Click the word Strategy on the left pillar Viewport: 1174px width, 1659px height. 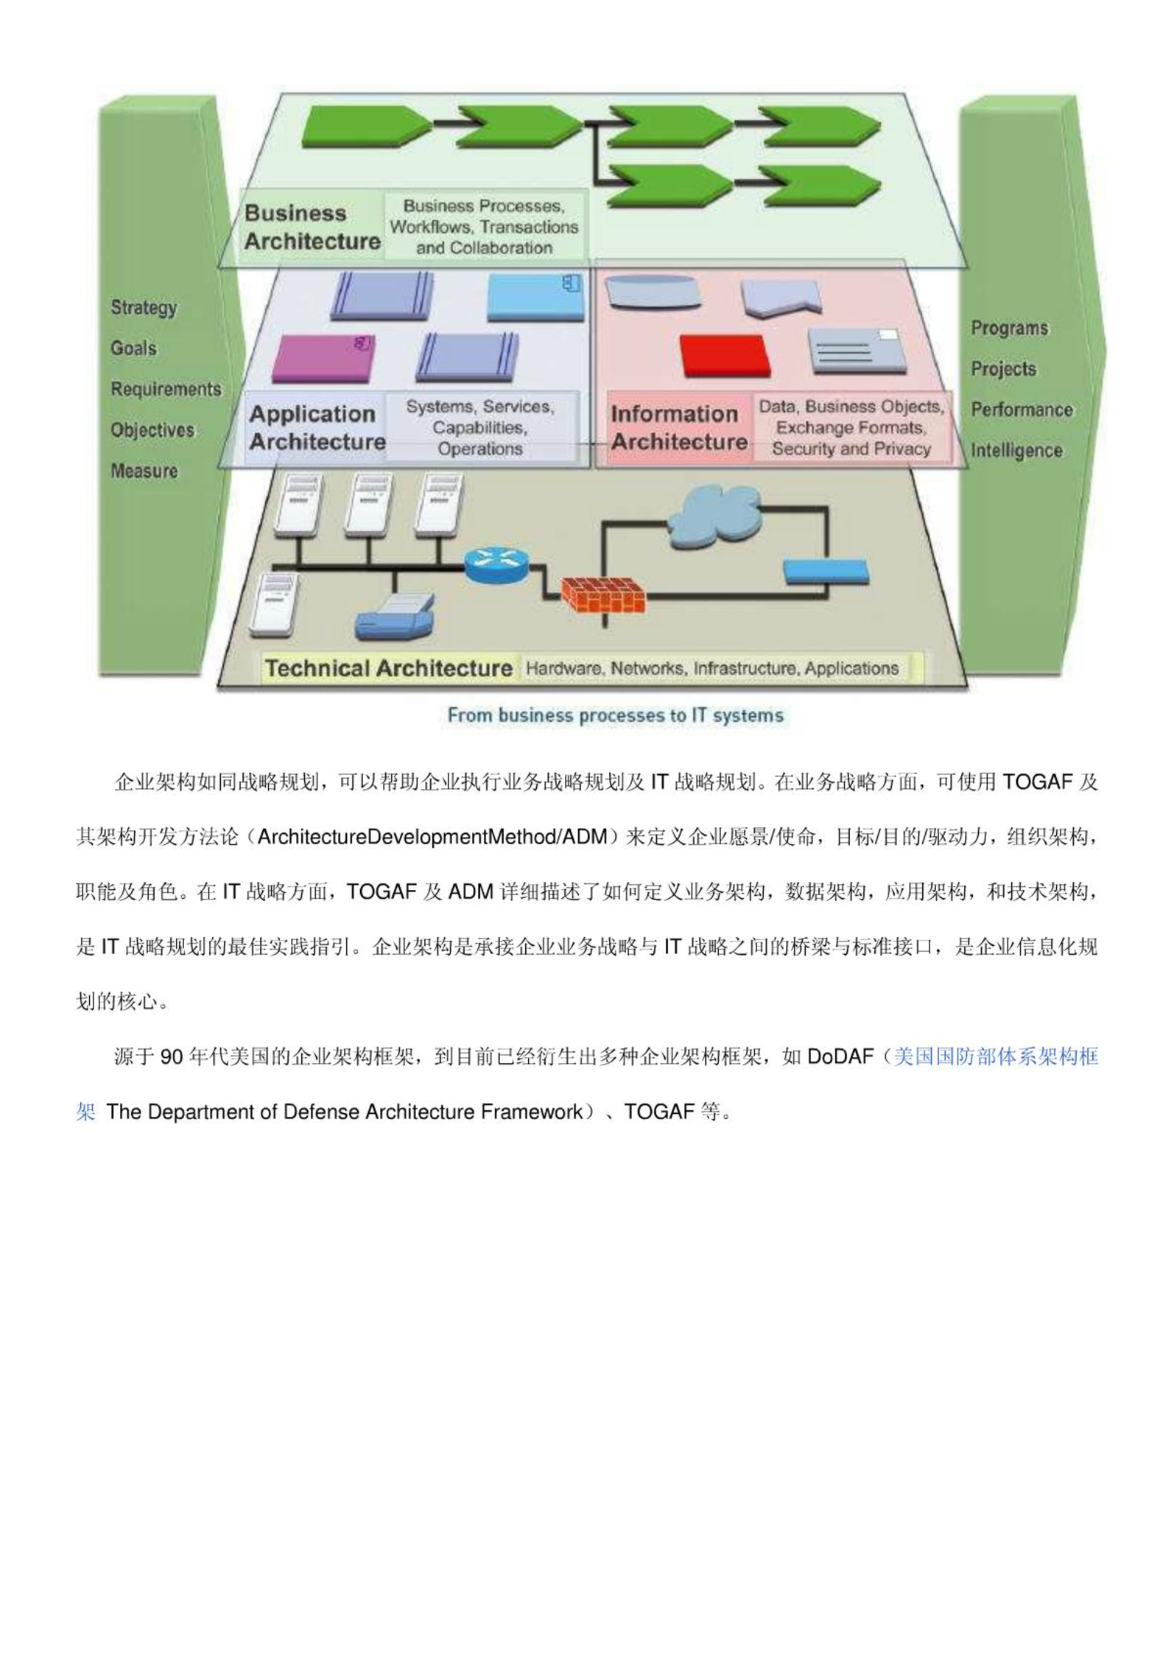[x=144, y=307]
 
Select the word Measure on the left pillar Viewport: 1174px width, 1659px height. [x=144, y=471]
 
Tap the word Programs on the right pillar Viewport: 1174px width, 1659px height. [x=1009, y=329]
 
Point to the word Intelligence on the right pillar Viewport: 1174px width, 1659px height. [x=1016, y=450]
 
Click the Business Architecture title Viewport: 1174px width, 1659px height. [x=312, y=227]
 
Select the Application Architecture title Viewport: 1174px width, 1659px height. [x=317, y=427]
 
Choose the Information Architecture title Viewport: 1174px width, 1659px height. [x=679, y=427]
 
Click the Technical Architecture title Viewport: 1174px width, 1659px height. [x=389, y=668]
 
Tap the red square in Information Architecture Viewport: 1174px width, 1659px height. [x=725, y=356]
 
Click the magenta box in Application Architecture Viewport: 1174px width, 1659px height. [x=323, y=358]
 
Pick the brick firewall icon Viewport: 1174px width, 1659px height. [x=603, y=595]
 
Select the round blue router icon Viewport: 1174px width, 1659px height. [x=496, y=564]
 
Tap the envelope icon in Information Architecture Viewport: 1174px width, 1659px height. [x=857, y=351]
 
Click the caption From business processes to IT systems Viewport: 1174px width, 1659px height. [x=616, y=715]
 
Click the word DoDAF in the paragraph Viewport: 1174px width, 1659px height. [x=840, y=1057]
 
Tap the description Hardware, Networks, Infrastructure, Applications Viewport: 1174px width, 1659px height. [x=712, y=668]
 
